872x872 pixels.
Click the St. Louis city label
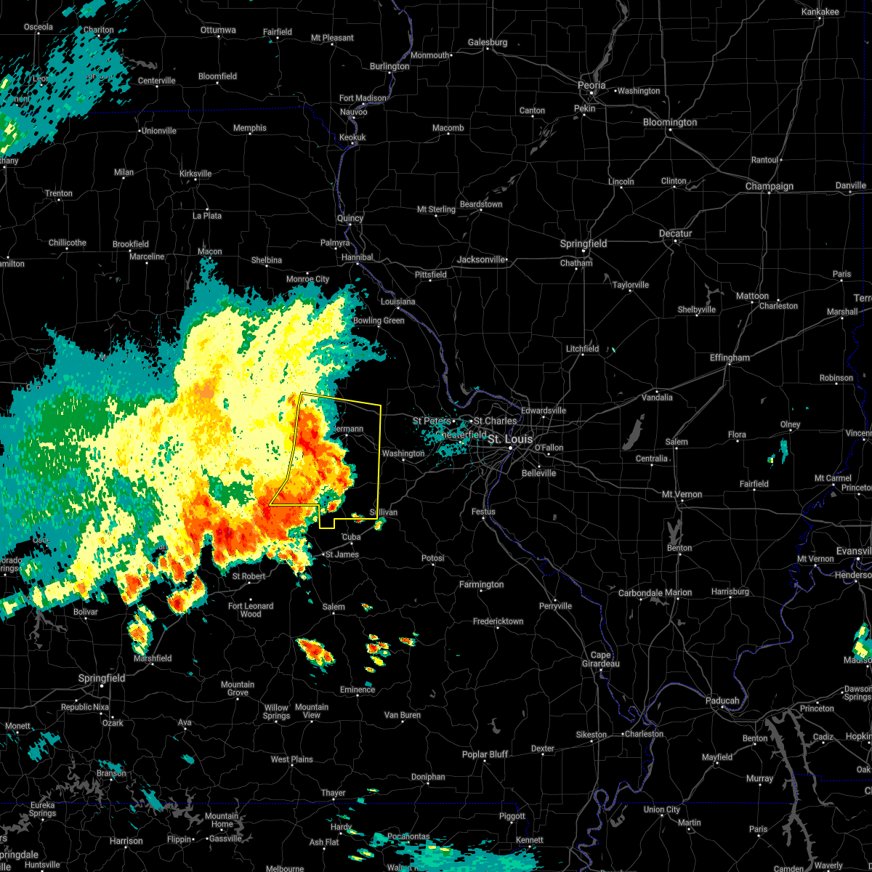point(510,440)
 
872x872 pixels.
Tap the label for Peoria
point(592,85)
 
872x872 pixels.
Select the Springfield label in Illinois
point(584,243)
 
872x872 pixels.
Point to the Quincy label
point(350,218)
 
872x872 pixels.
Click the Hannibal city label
point(357,257)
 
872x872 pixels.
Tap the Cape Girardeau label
point(599,659)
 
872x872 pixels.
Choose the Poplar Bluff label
point(485,754)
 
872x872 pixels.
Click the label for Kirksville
point(195,174)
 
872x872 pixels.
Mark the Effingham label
point(730,358)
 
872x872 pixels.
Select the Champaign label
point(770,186)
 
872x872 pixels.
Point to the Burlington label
point(389,66)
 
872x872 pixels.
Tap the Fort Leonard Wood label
point(251,610)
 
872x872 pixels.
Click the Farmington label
point(481,584)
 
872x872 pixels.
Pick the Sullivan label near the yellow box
point(384,512)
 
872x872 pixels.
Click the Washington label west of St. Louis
point(403,453)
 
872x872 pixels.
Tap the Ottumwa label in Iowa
point(218,30)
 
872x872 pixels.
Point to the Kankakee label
point(820,12)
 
